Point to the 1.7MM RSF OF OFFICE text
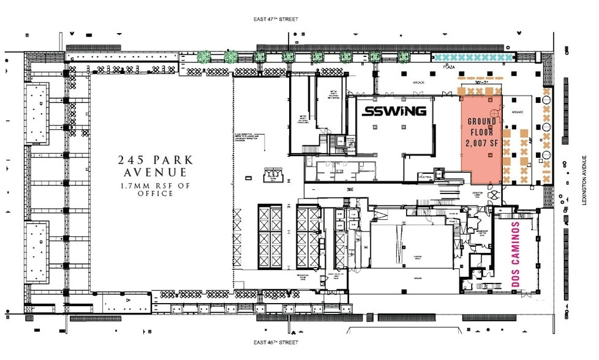(156, 189)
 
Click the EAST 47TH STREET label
(276, 19)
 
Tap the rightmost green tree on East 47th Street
(403, 57)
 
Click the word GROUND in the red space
(481, 121)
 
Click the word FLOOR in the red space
(481, 132)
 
